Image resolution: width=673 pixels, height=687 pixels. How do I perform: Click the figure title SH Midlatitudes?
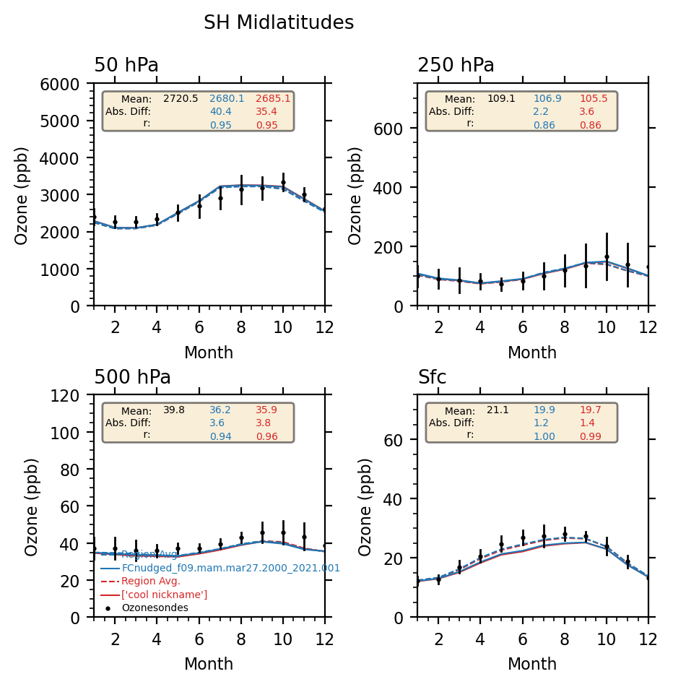(279, 23)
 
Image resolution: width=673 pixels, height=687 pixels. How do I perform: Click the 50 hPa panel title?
(126, 66)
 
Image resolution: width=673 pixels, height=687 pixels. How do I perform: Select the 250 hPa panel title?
(456, 66)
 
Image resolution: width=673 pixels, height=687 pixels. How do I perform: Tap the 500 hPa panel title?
(132, 378)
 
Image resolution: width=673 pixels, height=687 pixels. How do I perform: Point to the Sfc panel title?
(432, 378)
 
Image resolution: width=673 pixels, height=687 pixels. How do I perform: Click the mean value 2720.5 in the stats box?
(181, 99)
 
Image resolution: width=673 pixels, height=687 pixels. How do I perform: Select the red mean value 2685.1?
(273, 99)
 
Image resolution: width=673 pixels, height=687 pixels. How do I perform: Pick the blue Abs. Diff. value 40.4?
(220, 112)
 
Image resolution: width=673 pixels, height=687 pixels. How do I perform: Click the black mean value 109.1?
(501, 99)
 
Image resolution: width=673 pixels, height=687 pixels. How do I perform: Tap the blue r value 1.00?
(544, 436)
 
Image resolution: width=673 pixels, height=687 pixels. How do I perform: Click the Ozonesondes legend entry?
(155, 608)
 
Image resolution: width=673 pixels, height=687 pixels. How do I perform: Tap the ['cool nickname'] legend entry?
(164, 595)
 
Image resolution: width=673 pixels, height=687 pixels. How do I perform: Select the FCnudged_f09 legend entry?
(230, 569)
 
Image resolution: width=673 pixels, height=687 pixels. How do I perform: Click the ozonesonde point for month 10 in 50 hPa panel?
(283, 183)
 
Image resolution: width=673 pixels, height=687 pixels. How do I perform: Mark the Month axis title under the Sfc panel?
(532, 665)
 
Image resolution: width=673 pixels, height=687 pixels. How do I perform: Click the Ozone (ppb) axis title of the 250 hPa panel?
(356, 196)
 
